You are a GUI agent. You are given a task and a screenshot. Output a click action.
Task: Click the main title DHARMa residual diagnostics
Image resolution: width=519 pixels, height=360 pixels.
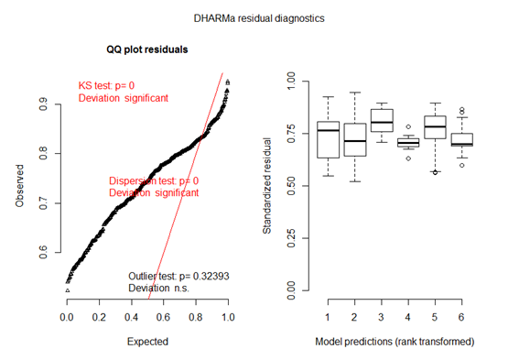[259, 17]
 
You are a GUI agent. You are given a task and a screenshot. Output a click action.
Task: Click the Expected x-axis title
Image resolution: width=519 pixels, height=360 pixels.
[146, 342]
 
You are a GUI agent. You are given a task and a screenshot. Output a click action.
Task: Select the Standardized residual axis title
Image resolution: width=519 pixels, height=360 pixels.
[267, 188]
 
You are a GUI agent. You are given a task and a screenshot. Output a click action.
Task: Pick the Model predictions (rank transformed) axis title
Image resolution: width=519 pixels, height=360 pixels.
[395, 342]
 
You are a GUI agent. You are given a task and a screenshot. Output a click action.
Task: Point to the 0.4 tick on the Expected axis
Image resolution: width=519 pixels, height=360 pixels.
[131, 316]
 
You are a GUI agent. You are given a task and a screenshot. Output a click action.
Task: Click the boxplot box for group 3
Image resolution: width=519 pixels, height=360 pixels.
[381, 120]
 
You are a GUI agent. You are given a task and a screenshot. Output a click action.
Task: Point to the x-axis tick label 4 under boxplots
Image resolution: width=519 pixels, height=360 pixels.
[409, 316]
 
